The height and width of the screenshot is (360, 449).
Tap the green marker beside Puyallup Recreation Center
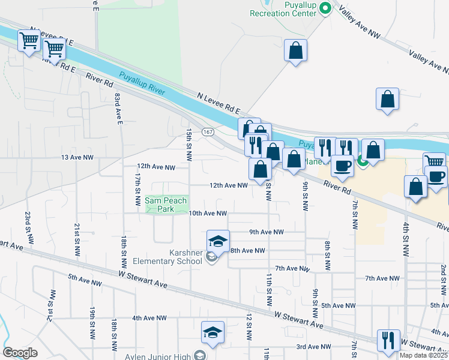coord(325,8)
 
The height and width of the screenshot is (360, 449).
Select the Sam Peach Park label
coord(166,205)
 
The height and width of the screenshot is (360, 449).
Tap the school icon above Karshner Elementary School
coord(218,241)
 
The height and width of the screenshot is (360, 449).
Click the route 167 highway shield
coord(208,131)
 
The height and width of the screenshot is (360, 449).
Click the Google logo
coord(20,352)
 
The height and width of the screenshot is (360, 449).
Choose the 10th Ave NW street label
coord(208,214)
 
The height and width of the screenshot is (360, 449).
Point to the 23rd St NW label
coord(28,222)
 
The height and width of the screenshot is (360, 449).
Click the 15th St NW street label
coord(189,145)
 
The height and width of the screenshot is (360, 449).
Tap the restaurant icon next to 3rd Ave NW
coord(388,340)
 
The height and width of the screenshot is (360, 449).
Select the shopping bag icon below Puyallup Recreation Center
coord(296,51)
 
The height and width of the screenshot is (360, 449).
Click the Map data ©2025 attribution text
coord(424,355)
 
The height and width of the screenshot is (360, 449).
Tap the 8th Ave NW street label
coord(247,250)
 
